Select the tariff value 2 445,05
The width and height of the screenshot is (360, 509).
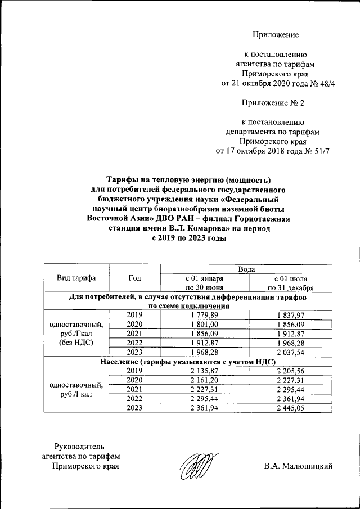(x=293, y=408)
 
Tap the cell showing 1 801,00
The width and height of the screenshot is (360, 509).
(x=205, y=325)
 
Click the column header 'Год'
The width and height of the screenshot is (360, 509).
(x=134, y=278)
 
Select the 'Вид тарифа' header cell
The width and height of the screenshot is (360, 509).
(x=76, y=278)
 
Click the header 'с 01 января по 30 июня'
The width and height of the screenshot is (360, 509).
(x=205, y=283)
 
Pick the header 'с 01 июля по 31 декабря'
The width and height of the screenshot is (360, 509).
(x=293, y=283)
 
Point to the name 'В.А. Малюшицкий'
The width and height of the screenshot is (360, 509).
(x=298, y=466)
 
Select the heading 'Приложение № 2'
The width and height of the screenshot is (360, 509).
(x=273, y=103)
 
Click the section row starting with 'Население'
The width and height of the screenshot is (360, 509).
(x=187, y=361)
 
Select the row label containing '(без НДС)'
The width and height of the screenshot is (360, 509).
(x=76, y=341)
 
